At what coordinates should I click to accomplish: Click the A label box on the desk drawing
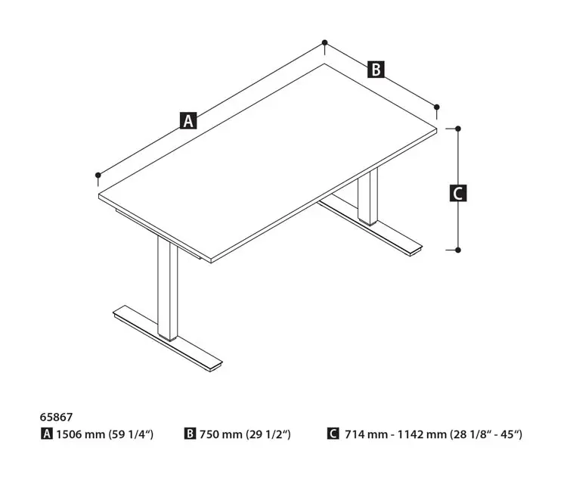188,121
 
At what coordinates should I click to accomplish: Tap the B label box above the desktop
376,70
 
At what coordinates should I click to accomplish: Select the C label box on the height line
458,193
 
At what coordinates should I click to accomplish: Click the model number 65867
56,417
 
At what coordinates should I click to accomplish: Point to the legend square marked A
47,434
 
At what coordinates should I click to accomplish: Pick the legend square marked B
190,434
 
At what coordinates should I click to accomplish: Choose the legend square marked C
333,434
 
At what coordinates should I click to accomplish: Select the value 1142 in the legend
410,434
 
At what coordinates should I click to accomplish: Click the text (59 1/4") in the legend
132,434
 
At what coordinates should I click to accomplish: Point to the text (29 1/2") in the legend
268,434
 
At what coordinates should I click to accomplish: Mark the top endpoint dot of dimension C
458,129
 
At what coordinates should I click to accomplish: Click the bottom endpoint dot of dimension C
458,250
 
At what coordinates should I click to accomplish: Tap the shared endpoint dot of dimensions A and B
325,42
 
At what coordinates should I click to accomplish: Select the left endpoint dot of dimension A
98,175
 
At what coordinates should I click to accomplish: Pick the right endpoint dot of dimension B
436,107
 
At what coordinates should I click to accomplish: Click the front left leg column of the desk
167,288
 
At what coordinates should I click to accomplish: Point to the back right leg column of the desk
367,197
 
